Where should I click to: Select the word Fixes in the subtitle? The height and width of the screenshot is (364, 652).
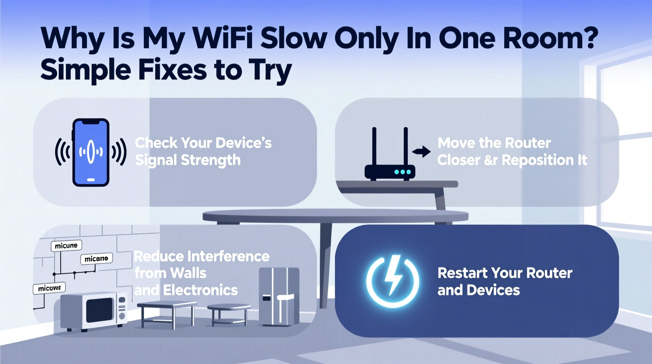click(172, 70)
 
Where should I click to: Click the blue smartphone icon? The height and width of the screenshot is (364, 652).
click(91, 152)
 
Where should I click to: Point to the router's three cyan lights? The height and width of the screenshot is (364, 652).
click(402, 172)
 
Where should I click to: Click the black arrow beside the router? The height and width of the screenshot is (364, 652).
click(422, 151)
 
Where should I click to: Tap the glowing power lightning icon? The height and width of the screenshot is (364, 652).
click(393, 281)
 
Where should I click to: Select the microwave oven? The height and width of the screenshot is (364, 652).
click(94, 311)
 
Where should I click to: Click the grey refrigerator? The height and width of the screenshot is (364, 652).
click(279, 296)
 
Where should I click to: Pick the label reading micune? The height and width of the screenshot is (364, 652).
click(66, 246)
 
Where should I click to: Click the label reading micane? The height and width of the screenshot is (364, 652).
click(96, 258)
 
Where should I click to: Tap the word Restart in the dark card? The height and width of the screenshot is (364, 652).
click(462, 273)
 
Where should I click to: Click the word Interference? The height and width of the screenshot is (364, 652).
click(228, 256)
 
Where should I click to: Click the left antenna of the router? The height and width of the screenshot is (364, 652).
click(374, 147)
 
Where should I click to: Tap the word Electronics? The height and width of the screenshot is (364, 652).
click(200, 290)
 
